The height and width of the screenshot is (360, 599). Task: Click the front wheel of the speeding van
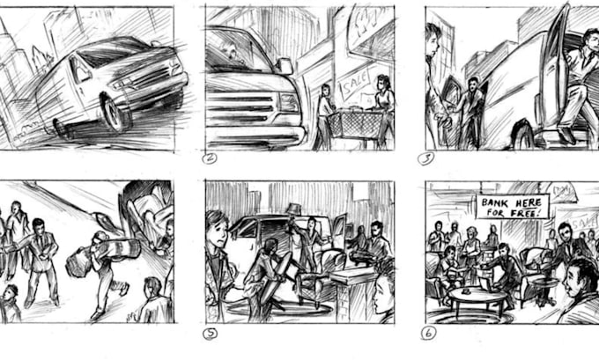coord(116,112)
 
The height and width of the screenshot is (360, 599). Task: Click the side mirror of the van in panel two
coord(284,66)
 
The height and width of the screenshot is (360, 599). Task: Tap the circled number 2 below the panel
coord(210,158)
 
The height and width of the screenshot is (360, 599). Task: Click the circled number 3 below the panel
coord(429,158)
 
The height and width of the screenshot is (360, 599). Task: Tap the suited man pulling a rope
coord(41,255)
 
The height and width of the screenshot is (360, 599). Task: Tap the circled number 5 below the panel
coord(211,333)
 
